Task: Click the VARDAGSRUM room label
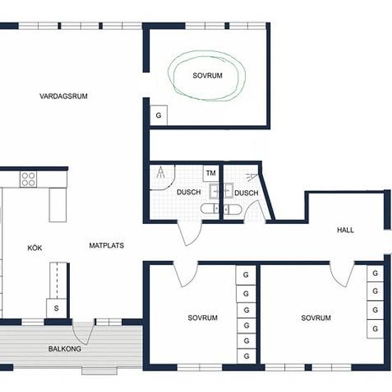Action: pyautogui.click(x=63, y=96)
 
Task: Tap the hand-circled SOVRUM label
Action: pyautogui.click(x=207, y=76)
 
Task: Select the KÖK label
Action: pyautogui.click(x=35, y=248)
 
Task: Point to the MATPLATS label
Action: pyautogui.click(x=106, y=245)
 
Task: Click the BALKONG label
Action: pyautogui.click(x=65, y=349)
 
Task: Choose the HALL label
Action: pyautogui.click(x=346, y=230)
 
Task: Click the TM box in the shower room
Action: pyautogui.click(x=211, y=173)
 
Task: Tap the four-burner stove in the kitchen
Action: pyautogui.click(x=29, y=179)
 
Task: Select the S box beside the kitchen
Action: pyautogui.click(x=56, y=308)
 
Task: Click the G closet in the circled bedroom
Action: pyautogui.click(x=158, y=115)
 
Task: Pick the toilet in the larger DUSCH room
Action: pyautogui.click(x=210, y=209)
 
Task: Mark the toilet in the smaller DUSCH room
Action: pyautogui.click(x=232, y=210)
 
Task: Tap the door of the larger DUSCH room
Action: pyautogui.click(x=190, y=233)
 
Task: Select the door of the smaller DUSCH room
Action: pyautogui.click(x=255, y=212)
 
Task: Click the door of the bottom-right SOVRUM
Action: pyautogui.click(x=342, y=274)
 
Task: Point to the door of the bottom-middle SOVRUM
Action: pyautogui.click(x=185, y=274)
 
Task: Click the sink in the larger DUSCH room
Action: pyautogui.click(x=215, y=191)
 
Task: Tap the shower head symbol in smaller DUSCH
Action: pyautogui.click(x=252, y=177)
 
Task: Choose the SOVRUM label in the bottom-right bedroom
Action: pyautogui.click(x=316, y=318)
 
